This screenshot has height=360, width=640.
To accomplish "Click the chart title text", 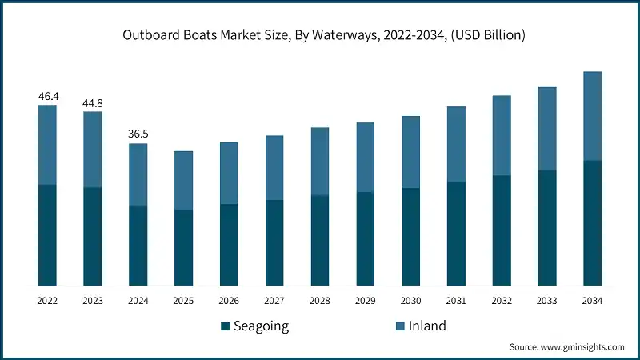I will coord(320,35).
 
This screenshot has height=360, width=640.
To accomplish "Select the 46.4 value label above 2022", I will coord(48,96).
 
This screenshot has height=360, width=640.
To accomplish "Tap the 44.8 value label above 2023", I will coord(93,103).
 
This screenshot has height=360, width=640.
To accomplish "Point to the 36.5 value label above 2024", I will coord(138,134).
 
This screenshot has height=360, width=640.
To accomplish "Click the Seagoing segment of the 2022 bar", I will coord(48,234).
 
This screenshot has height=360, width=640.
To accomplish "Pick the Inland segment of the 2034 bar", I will coord(592,116).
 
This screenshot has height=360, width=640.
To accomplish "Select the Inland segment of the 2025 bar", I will coord(184,180).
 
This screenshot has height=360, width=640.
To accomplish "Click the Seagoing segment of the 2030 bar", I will coord(410,236).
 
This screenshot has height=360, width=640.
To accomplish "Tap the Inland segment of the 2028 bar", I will coord(320,161).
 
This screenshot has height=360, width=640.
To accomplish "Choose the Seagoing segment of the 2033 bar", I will coord(546,227).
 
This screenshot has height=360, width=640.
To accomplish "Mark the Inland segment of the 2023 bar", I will coord(93,149).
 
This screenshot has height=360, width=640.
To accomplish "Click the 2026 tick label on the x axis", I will coord(229,301).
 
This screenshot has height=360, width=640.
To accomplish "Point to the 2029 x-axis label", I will coord(365,301).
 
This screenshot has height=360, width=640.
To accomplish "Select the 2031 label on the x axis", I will coord(456,301).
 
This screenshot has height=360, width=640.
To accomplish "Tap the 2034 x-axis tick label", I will coord(592,301).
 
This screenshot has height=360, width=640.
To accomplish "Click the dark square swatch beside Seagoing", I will coord(225,326).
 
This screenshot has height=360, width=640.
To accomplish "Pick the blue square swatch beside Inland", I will coord(399,326).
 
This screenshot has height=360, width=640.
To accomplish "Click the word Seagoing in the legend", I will coord(262,326).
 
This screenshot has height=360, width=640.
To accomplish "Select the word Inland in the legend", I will coord(428,326).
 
